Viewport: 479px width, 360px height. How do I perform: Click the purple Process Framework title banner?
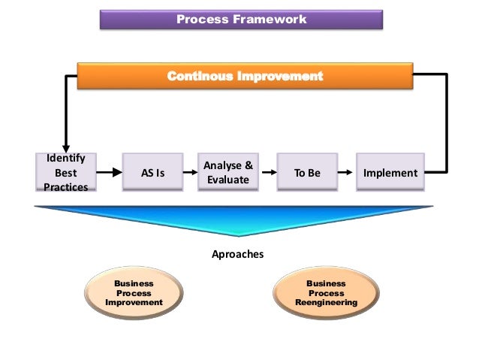242,20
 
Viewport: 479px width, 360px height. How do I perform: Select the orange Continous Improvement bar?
245,77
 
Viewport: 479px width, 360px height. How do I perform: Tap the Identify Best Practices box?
65,173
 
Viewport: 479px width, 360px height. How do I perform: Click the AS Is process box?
152,173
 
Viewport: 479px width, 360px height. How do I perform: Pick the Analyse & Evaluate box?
227,173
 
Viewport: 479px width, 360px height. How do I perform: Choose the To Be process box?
306,173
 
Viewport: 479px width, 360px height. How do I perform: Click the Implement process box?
390,173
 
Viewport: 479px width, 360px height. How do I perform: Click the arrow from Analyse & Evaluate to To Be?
264,173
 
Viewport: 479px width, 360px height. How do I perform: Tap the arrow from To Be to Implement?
344,173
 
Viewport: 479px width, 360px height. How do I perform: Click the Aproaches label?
238,254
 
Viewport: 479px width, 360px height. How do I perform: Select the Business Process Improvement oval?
134,293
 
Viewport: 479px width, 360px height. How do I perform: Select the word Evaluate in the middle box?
227,180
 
